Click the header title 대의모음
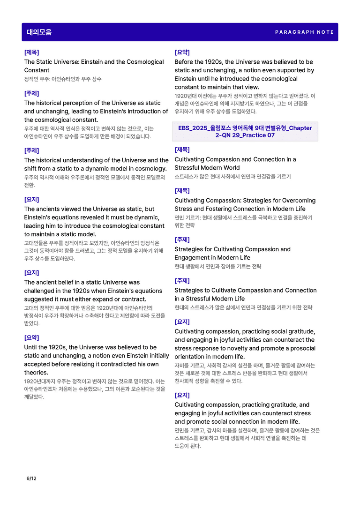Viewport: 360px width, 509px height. point(39,32)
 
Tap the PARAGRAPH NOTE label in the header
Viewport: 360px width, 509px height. point(304,32)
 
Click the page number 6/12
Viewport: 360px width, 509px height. point(31,479)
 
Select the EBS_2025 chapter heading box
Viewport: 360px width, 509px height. point(245,132)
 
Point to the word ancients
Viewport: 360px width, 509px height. point(49,209)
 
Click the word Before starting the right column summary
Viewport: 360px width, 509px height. point(185,62)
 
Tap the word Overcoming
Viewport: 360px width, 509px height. point(299,201)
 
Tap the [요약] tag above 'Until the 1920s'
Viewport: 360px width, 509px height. point(31,337)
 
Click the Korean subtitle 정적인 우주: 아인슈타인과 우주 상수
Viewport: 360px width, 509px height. point(63,79)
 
